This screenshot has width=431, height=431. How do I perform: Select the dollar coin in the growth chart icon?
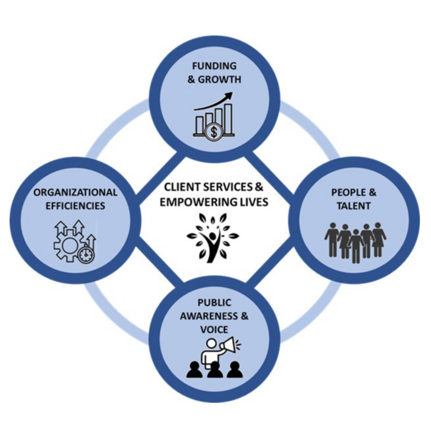point(213,132)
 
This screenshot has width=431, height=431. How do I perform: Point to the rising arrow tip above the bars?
point(230,97)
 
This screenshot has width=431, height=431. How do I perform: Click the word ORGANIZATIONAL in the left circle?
point(75,192)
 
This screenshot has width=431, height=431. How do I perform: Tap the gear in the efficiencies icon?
point(68,244)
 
